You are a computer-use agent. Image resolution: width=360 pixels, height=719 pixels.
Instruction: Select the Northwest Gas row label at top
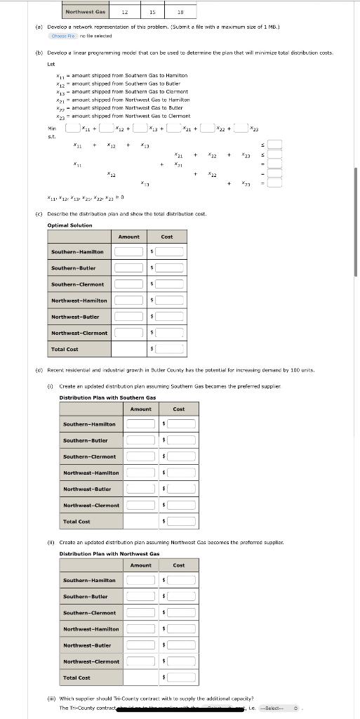85,12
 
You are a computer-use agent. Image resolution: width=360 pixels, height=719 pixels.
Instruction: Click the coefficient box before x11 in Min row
73,128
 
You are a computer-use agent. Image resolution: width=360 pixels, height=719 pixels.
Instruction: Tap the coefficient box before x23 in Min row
241,128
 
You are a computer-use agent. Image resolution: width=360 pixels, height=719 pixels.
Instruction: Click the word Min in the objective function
51,128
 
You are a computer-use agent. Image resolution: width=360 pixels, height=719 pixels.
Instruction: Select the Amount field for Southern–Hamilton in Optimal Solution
129,251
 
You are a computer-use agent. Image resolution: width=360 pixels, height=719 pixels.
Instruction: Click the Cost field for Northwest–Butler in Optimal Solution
170,317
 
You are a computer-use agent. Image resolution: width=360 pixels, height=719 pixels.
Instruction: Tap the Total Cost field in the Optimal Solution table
170,349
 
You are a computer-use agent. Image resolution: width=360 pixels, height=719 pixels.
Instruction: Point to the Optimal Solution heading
69,225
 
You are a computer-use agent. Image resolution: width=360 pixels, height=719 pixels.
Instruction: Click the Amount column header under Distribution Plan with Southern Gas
140,409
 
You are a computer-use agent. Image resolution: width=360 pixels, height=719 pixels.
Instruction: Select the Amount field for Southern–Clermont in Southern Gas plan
141,456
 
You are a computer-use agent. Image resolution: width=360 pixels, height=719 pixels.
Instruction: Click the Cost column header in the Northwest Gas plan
179,565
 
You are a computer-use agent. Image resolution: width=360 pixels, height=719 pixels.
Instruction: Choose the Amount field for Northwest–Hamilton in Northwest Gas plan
141,628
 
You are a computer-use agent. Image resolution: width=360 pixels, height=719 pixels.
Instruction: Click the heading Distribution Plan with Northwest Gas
109,553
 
